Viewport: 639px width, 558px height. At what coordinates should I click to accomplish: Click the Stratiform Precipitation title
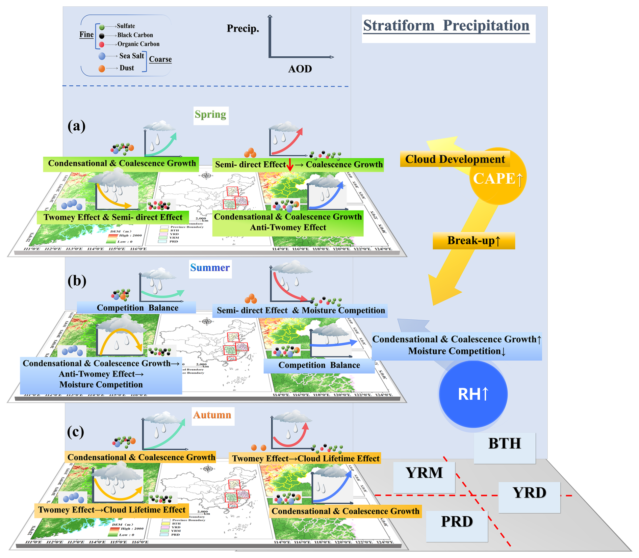click(x=446, y=26)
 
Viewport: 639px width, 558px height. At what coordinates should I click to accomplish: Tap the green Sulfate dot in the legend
click(x=102, y=27)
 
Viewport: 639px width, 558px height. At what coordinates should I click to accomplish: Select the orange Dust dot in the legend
click(x=101, y=69)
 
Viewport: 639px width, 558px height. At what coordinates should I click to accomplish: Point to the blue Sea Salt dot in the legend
click(x=102, y=56)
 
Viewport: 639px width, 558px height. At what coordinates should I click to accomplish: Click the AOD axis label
click(x=300, y=69)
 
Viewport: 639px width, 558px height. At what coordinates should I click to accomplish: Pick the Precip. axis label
click(x=242, y=29)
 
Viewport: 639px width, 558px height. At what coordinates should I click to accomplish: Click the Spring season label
click(x=210, y=115)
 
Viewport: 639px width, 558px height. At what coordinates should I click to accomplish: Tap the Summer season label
click(x=210, y=268)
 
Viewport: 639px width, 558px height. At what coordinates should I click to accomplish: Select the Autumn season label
click(x=212, y=415)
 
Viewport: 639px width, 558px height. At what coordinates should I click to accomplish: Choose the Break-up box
click(x=474, y=240)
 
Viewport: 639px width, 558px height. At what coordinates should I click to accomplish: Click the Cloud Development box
click(x=455, y=159)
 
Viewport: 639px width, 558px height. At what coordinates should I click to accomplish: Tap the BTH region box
click(x=504, y=444)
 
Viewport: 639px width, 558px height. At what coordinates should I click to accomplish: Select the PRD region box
click(x=457, y=522)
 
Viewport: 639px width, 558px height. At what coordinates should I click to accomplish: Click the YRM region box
click(x=424, y=473)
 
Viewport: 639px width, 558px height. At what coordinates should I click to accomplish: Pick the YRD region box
click(x=529, y=493)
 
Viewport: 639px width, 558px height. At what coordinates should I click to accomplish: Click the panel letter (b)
click(x=77, y=281)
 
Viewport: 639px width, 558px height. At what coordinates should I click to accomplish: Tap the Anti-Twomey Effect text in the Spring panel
click(x=288, y=228)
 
